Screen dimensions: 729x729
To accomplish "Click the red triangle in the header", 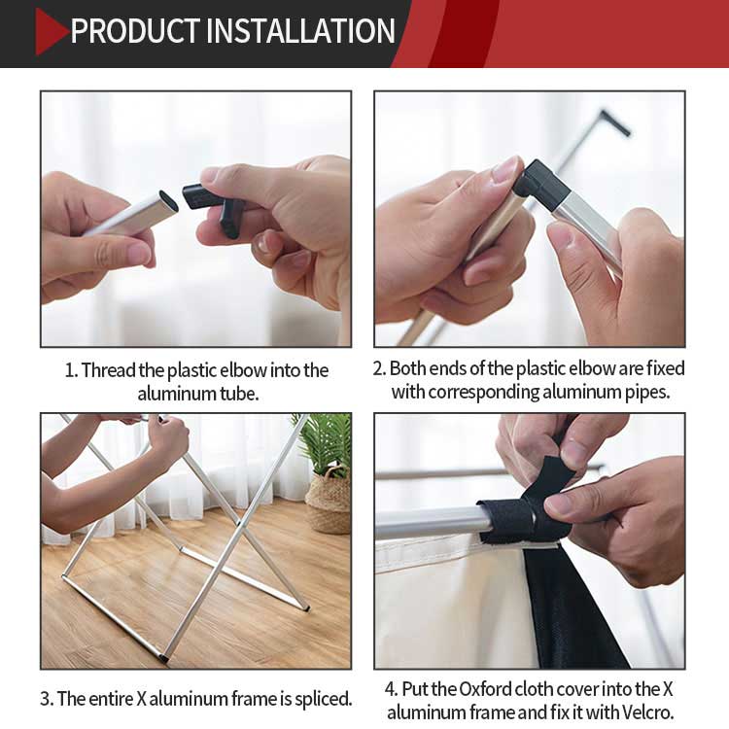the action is (51, 32).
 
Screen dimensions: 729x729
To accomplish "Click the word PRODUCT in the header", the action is (135, 31).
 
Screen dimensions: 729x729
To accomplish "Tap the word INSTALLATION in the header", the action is (300, 31).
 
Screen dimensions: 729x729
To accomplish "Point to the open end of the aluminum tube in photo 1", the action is (168, 200).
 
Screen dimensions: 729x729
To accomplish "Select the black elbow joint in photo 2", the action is (541, 185).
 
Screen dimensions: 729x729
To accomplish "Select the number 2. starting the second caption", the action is (379, 368).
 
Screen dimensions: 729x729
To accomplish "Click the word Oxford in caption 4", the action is (485, 689).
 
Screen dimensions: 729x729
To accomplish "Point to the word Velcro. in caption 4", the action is (647, 712).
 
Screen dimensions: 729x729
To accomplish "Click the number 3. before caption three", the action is (47, 699).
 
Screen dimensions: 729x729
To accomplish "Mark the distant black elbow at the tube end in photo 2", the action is (614, 122).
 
